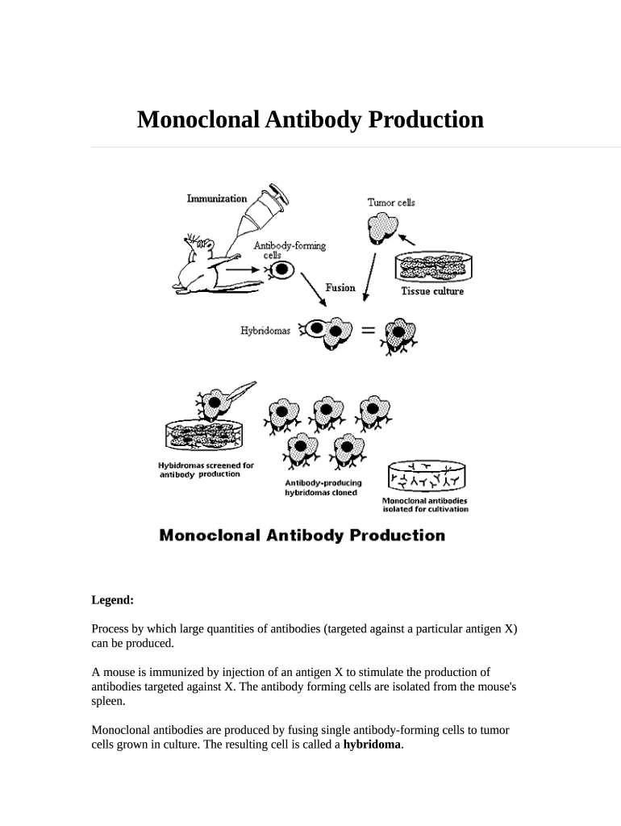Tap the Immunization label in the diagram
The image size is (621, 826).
point(217,198)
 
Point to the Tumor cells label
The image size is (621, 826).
point(391,202)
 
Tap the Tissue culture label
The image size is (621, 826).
point(432,291)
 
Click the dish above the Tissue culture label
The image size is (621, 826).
point(432,267)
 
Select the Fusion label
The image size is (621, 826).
point(340,287)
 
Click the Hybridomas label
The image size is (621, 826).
point(265,330)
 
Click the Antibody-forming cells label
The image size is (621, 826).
point(290,250)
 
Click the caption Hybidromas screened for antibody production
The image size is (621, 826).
point(206,469)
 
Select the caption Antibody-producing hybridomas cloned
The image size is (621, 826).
point(323,487)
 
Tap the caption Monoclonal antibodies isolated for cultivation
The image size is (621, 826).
point(425,505)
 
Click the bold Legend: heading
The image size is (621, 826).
point(112,600)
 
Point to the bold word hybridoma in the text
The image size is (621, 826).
point(372,745)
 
